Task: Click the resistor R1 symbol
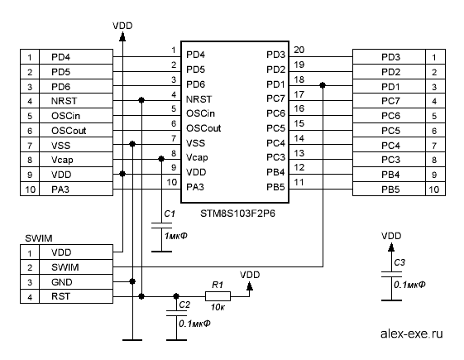[x=218, y=296]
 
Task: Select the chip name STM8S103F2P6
[x=237, y=214]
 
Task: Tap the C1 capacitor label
[x=170, y=214]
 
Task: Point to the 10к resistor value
[x=218, y=307]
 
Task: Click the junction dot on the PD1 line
[x=323, y=85]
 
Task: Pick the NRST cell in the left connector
[x=76, y=101]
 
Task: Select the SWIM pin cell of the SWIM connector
[x=76, y=267]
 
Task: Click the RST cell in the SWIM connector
[x=76, y=296]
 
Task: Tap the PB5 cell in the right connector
[x=389, y=189]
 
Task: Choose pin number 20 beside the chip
[x=299, y=50]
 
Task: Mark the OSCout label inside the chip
[x=203, y=128]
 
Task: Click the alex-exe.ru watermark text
[x=412, y=334]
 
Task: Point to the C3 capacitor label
[x=399, y=262]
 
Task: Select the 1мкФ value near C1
[x=176, y=236]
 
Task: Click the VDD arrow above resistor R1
[x=250, y=286]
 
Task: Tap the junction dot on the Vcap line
[x=161, y=159]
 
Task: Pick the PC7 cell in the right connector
[x=389, y=101]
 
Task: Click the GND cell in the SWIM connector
[x=76, y=281]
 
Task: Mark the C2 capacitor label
[x=184, y=305]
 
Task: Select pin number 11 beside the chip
[x=299, y=182]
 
